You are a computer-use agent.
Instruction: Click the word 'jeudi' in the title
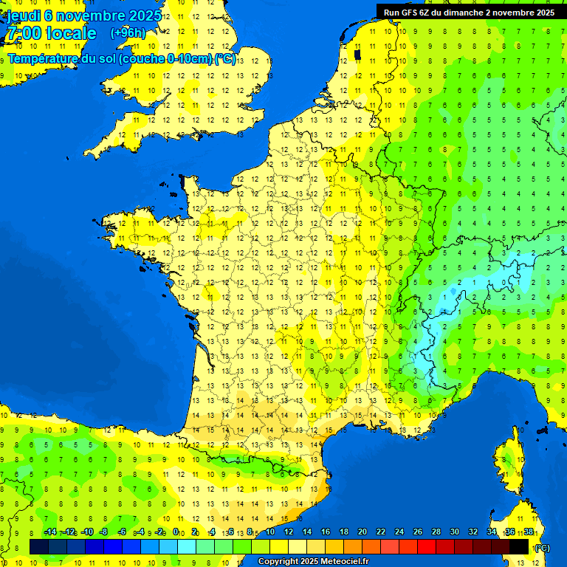coord(24,16)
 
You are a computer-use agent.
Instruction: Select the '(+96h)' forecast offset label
coord(128,33)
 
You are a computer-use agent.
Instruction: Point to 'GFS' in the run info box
coord(412,13)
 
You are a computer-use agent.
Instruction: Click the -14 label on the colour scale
coord(50,532)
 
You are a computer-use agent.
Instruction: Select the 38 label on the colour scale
coord(529,532)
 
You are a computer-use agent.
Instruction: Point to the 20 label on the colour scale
coord(362,532)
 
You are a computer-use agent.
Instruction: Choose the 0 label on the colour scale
coord(176,532)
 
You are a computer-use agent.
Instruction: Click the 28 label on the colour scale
coord(436,532)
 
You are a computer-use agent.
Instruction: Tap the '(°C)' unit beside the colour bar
coord(541,548)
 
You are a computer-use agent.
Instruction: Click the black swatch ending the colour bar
coord(519,546)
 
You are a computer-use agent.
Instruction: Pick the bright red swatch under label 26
coord(427,546)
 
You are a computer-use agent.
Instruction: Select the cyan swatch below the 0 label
coord(186,546)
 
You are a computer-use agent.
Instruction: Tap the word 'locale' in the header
coord(72,34)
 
